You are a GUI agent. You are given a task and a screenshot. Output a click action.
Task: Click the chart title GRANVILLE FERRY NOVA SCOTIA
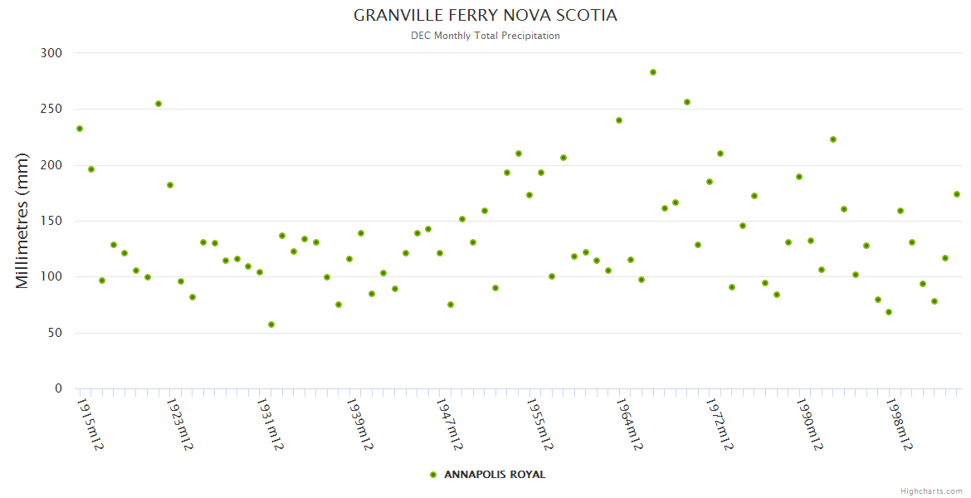pyautogui.click(x=486, y=16)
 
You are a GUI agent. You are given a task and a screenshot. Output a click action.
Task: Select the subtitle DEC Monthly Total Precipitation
pyautogui.click(x=486, y=36)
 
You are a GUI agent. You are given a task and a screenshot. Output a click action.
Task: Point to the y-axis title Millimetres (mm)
pyautogui.click(x=22, y=221)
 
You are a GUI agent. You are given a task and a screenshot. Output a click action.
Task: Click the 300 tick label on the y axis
pyautogui.click(x=51, y=53)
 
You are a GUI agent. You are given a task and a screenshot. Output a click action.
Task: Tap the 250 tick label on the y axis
pyautogui.click(x=51, y=109)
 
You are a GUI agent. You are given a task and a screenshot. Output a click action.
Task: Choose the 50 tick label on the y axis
pyautogui.click(x=55, y=333)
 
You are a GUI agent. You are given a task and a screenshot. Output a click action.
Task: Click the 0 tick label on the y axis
pyautogui.click(x=58, y=388)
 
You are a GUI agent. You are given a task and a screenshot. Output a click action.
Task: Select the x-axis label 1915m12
pyautogui.click(x=90, y=425)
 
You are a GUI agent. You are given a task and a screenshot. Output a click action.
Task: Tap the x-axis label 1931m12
pyautogui.click(x=270, y=425)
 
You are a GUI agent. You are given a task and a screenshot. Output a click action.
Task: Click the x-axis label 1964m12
pyautogui.click(x=630, y=425)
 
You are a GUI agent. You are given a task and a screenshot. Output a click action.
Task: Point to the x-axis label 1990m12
pyautogui.click(x=810, y=425)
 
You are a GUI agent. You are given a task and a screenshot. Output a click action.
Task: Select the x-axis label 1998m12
pyautogui.click(x=900, y=425)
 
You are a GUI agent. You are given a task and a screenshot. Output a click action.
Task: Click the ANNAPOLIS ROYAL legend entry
pyautogui.click(x=495, y=475)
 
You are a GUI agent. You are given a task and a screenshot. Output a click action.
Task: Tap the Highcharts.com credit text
pyautogui.click(x=931, y=491)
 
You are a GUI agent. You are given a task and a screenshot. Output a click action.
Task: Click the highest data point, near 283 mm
pyautogui.click(x=653, y=72)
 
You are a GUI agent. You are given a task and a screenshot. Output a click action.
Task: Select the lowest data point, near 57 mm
pyautogui.click(x=271, y=325)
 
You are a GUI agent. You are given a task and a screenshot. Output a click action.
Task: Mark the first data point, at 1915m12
pyautogui.click(x=80, y=129)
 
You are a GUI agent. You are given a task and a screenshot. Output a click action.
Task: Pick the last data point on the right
pyautogui.click(x=957, y=194)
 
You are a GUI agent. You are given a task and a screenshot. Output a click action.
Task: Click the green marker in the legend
pyautogui.click(x=433, y=475)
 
